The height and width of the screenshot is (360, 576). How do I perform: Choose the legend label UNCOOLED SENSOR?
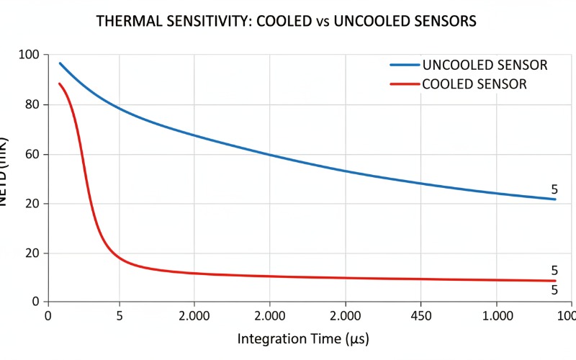tap(485, 66)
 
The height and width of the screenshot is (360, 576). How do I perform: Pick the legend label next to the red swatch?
tap(474, 84)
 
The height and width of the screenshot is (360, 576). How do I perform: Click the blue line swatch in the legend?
tap(405, 66)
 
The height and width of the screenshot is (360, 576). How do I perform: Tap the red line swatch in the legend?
tap(405, 84)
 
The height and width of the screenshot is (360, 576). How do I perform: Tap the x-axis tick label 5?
tap(120, 316)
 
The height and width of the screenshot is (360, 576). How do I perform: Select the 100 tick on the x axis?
tap(567, 316)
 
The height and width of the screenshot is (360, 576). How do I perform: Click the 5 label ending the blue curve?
tap(554, 190)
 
